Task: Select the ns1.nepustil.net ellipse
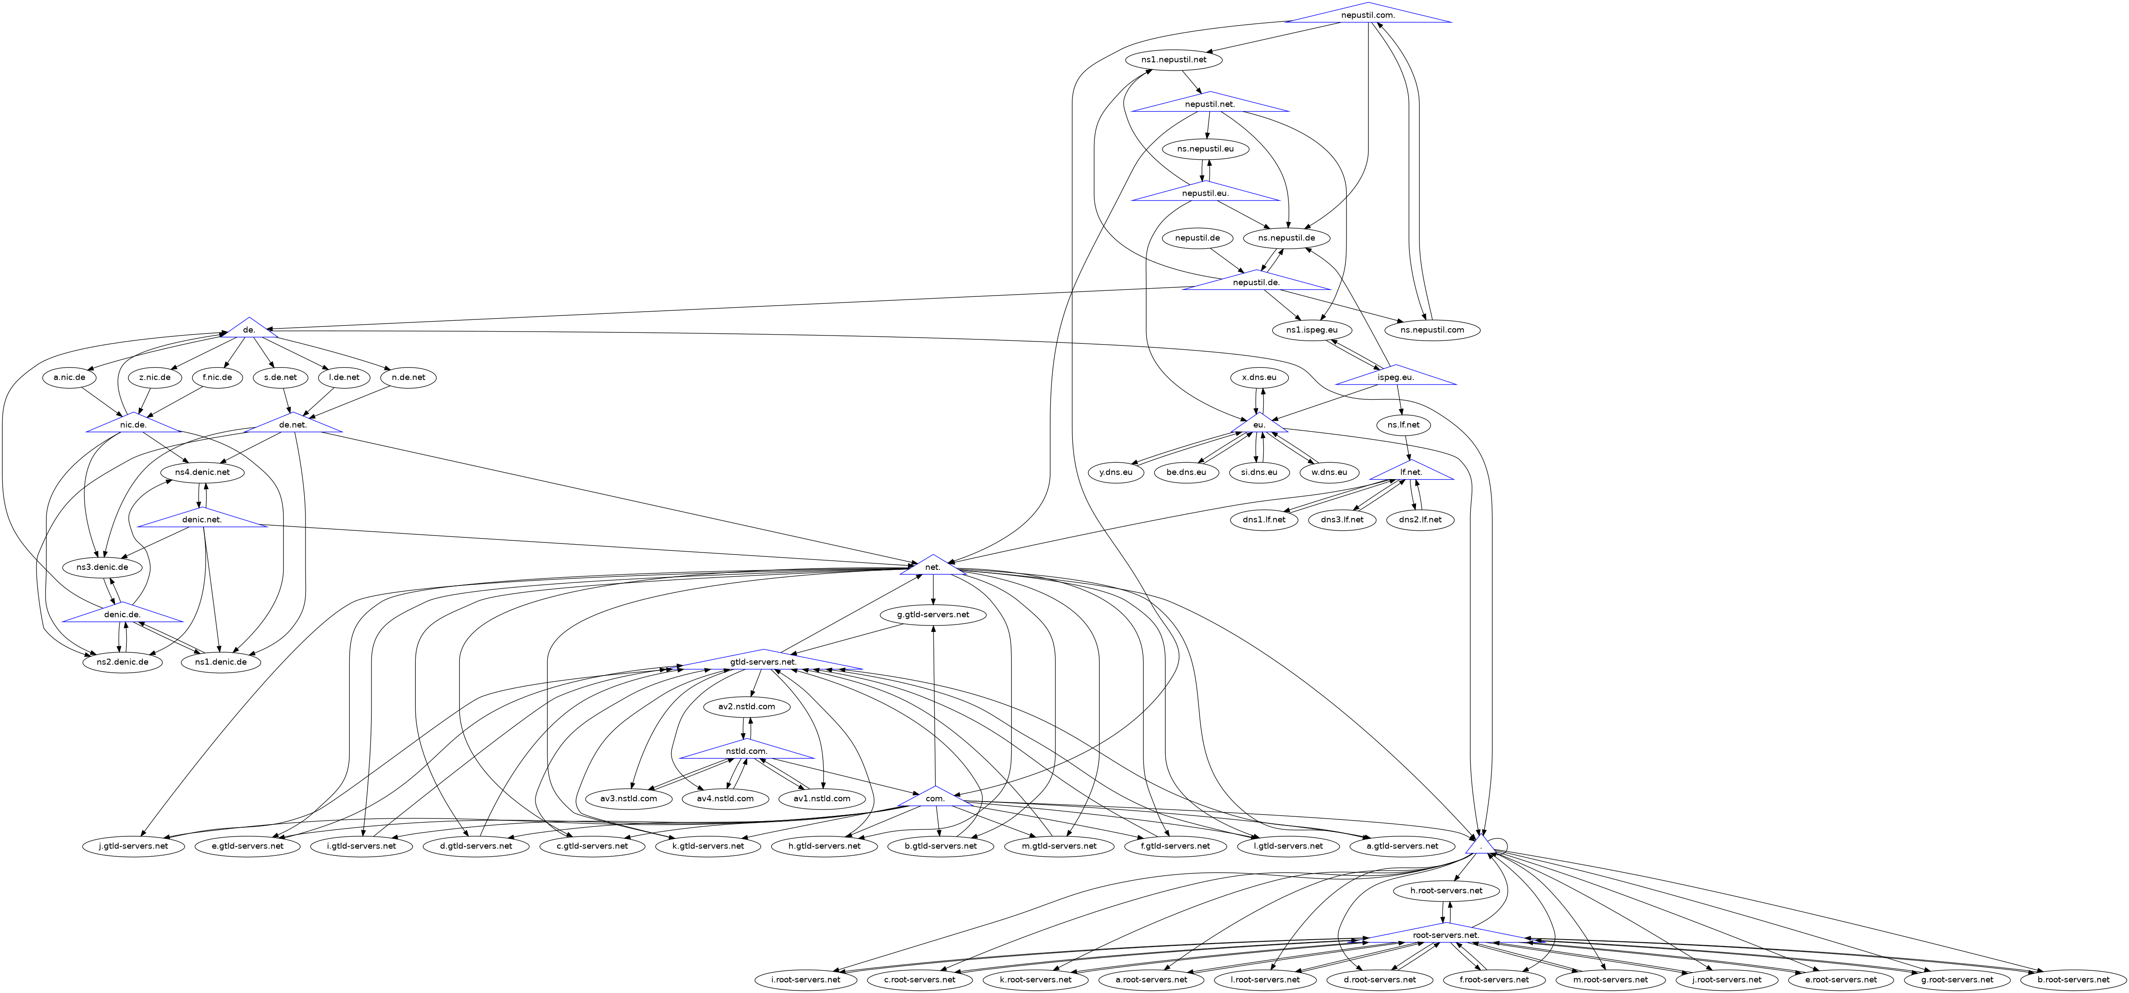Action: click(x=1173, y=59)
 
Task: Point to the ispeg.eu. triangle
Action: click(x=1396, y=377)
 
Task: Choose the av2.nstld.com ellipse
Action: click(x=746, y=707)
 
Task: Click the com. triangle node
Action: click(x=935, y=799)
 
